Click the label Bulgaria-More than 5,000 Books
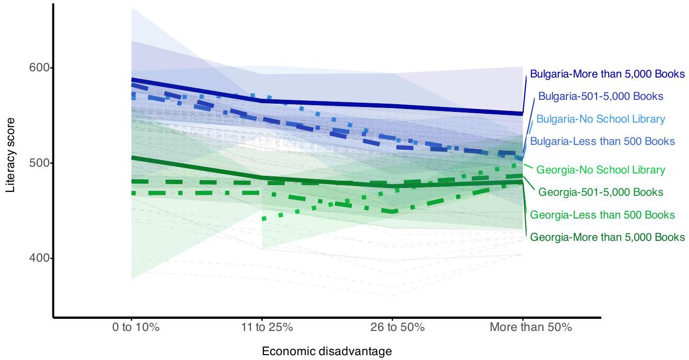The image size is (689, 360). pos(607,74)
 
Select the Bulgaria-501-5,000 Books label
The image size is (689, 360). pos(600,96)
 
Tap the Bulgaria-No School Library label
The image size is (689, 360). pos(601,119)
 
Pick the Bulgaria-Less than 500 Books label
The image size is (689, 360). pos(602,141)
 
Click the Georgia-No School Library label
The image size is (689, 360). pos(601,170)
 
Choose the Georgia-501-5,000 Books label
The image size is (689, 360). pos(601,192)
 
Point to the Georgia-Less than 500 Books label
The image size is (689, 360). pos(602,215)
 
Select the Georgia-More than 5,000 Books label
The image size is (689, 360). pos(608,237)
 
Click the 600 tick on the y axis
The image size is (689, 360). pos(39,67)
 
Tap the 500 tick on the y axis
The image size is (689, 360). pos(39,163)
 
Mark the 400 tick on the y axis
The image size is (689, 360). pos(39,258)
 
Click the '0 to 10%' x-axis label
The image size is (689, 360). pos(132,327)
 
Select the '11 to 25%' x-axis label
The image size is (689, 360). pos(262,327)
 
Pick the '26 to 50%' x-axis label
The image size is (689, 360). pos(392,327)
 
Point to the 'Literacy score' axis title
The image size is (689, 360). pos(11,154)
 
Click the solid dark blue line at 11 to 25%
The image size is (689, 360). pos(262,101)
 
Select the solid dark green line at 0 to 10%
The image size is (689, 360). pos(132,157)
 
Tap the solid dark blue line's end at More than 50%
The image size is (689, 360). pos(522,113)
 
